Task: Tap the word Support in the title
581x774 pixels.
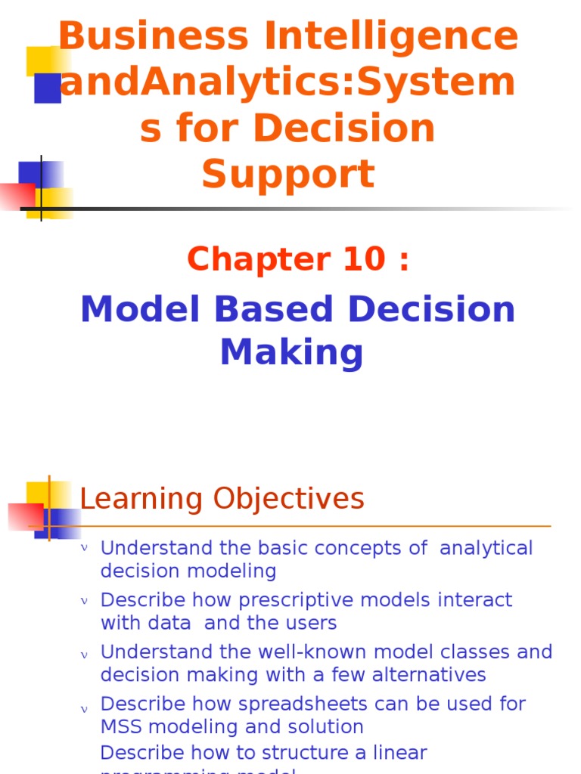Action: point(288,174)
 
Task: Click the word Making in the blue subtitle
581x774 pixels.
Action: point(291,351)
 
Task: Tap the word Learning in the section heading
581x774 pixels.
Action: point(141,499)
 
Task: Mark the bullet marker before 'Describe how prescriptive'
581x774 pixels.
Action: point(85,601)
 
